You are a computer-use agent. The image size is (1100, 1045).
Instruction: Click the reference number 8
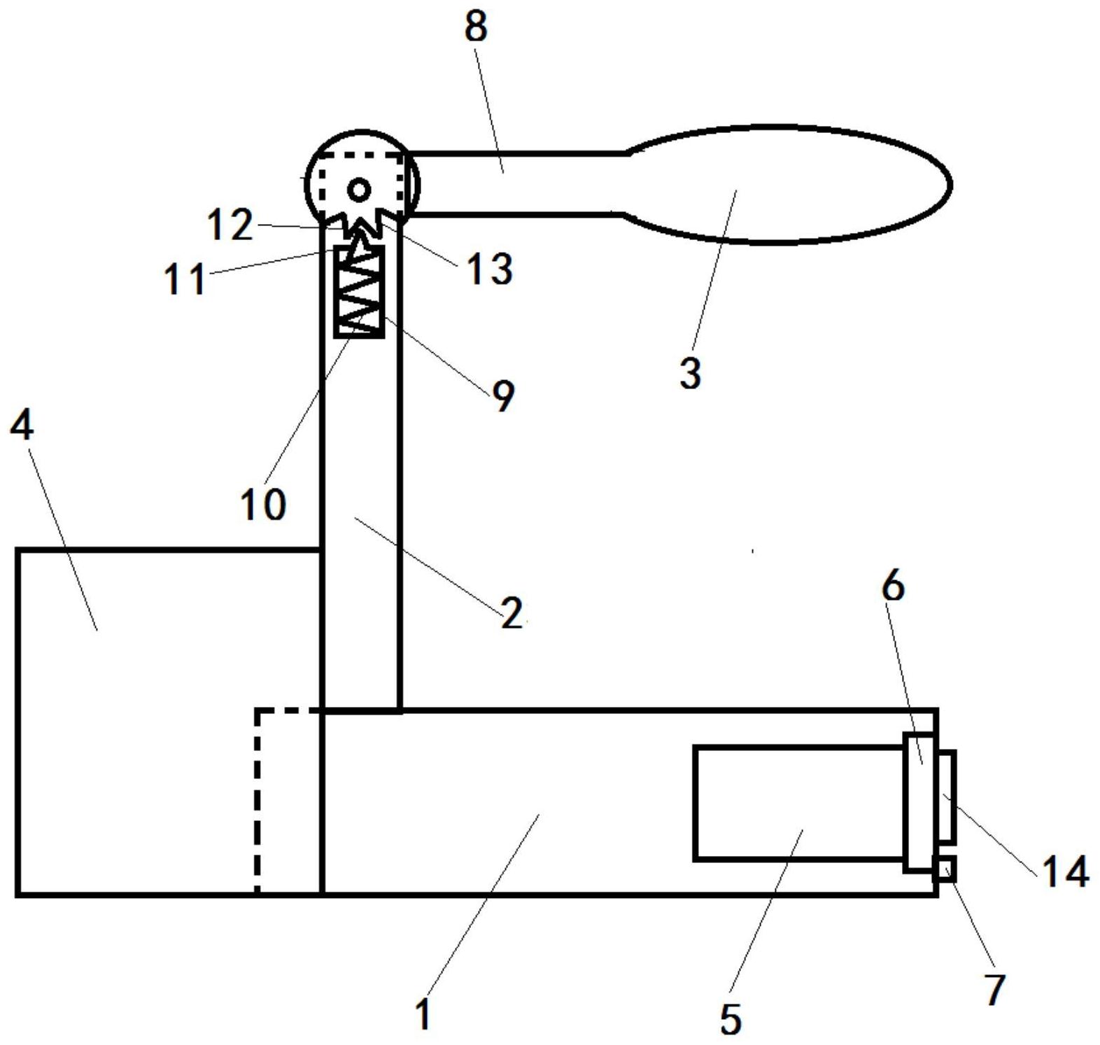pyautogui.click(x=475, y=29)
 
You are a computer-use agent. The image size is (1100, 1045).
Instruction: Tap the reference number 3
pyautogui.click(x=690, y=372)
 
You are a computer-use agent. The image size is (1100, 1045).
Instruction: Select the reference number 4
pyautogui.click(x=22, y=425)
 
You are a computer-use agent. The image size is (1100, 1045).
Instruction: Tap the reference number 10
pyautogui.click(x=263, y=505)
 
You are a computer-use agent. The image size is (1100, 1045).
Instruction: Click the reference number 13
pyautogui.click(x=490, y=269)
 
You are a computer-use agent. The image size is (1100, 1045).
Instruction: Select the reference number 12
pyautogui.click(x=230, y=225)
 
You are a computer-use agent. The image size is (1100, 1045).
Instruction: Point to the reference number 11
pyautogui.click(x=185, y=280)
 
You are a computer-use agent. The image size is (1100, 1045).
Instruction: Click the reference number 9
pyautogui.click(x=503, y=395)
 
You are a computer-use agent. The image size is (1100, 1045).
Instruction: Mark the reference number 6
pyautogui.click(x=893, y=586)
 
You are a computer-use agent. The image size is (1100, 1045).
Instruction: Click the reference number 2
pyautogui.click(x=512, y=613)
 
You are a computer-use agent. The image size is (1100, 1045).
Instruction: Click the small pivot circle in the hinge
pyautogui.click(x=360, y=190)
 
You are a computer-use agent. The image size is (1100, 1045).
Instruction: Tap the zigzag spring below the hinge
pyautogui.click(x=359, y=290)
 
